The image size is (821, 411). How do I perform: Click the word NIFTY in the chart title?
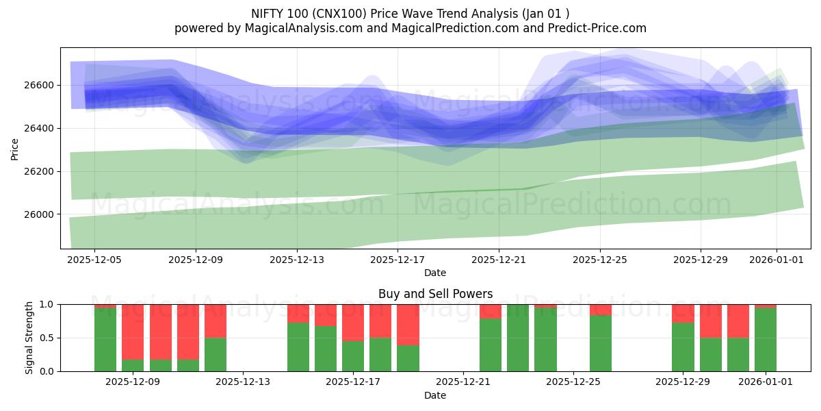tap(269, 13)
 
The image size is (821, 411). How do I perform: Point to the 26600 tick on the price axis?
tap(41, 85)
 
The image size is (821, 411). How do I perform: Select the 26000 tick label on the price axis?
tap(41, 214)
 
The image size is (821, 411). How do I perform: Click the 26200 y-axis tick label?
tap(41, 171)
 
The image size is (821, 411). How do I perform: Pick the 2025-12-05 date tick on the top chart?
tap(94, 260)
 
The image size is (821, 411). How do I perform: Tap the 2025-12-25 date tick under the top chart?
tap(599, 260)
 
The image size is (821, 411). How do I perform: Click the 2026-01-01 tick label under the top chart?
tap(776, 260)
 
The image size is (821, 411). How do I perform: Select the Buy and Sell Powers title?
tap(435, 294)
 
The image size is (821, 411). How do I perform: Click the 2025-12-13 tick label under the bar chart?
tap(243, 382)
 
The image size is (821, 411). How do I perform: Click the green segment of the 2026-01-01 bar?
tap(766, 340)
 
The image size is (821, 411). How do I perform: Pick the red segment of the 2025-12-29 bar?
tap(683, 313)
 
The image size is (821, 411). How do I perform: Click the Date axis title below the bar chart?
tap(435, 395)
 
